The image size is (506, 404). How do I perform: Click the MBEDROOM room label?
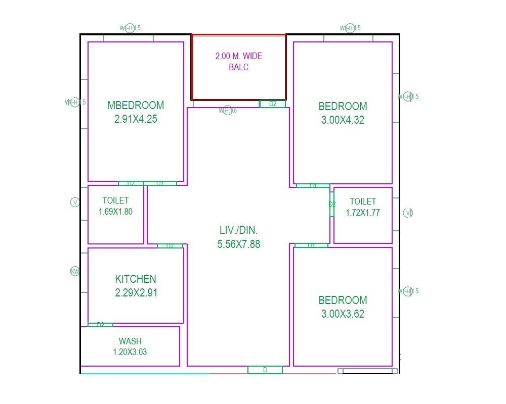click(136, 106)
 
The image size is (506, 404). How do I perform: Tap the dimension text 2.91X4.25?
click(136, 120)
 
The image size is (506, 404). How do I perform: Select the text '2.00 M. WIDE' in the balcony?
click(239, 56)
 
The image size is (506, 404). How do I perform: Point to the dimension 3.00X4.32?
click(343, 121)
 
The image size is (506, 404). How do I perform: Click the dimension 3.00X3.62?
click(343, 314)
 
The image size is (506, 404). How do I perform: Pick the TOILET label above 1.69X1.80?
click(115, 200)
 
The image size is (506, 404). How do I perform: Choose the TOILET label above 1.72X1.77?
click(363, 201)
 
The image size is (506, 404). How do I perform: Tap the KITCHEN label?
click(136, 279)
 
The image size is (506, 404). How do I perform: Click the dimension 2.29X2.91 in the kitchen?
click(136, 293)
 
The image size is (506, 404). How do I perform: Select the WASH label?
click(130, 341)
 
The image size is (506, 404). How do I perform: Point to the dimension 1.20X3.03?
click(130, 352)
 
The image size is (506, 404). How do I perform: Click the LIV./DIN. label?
click(239, 230)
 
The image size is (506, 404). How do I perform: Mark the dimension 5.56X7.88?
click(239, 244)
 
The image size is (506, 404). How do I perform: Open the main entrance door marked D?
click(265, 370)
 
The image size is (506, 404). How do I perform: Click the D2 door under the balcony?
click(273, 104)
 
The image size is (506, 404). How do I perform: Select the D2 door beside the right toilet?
click(332, 205)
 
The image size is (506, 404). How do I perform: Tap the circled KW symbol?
click(75, 272)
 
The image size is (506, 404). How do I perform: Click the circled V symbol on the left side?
click(75, 203)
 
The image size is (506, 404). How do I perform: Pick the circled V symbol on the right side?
click(408, 213)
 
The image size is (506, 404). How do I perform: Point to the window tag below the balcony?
click(227, 110)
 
